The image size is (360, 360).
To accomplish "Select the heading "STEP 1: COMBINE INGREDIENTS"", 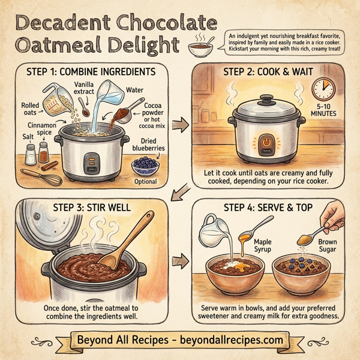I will click(91, 72).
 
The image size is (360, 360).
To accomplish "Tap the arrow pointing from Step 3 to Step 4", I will click(179, 262).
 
